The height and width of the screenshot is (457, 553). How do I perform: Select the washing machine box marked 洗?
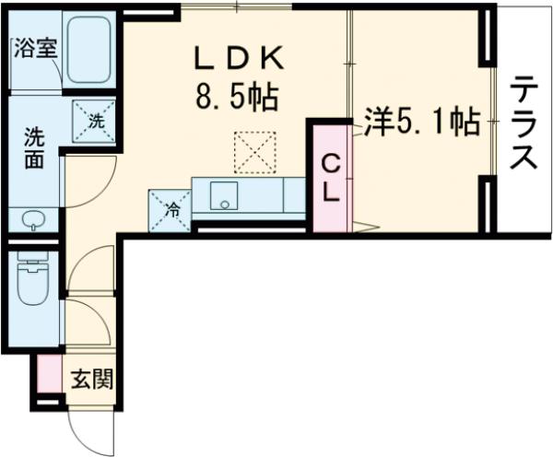(x=95, y=119)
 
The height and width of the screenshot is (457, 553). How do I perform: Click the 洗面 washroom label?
(x=32, y=147)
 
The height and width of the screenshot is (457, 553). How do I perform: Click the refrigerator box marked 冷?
(x=171, y=208)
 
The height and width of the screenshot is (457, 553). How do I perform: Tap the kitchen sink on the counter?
(x=223, y=195)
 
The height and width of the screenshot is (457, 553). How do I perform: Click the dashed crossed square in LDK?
(x=254, y=152)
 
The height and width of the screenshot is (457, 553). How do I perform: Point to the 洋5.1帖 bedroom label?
(x=420, y=123)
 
